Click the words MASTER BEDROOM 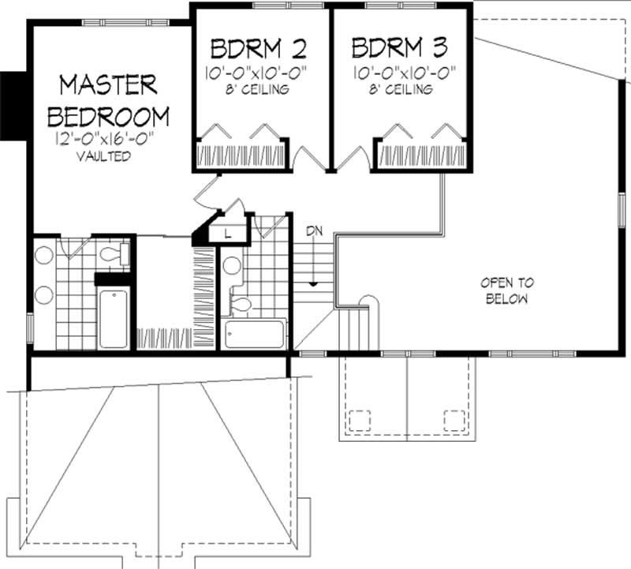click(108, 100)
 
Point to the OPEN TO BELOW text click(506, 290)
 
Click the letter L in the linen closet click(227, 233)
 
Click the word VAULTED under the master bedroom click(103, 156)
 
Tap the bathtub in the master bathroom click(114, 318)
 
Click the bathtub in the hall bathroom click(254, 334)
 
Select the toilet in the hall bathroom click(241, 305)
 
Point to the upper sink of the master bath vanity click(44, 256)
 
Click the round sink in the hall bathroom click(231, 266)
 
